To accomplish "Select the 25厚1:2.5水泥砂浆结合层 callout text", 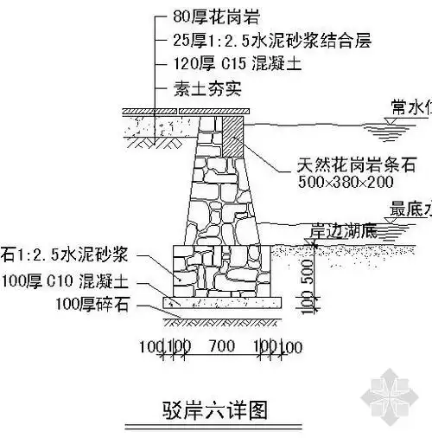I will click(250, 40).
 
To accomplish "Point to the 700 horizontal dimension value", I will click(221, 348).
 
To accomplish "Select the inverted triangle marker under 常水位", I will click(391, 122).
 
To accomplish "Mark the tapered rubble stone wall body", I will click(218, 195).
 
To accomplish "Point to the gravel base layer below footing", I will click(223, 304).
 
